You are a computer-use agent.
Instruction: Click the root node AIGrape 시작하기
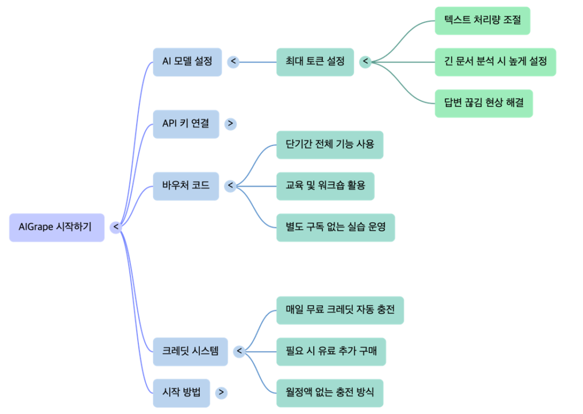point(56,227)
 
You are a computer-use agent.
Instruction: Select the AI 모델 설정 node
point(186,61)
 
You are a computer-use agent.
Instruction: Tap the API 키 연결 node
point(186,123)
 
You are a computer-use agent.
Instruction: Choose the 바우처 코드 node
point(186,185)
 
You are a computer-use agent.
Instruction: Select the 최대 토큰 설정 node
point(315,61)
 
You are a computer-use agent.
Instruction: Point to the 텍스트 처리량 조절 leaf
point(482,21)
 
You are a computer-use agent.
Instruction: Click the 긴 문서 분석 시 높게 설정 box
point(495,61)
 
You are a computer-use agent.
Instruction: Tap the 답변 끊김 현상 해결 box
point(483,103)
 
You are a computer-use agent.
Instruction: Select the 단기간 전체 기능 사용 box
point(330,144)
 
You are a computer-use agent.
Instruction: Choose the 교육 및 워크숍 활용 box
point(325,185)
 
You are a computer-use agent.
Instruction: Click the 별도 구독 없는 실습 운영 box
point(335,227)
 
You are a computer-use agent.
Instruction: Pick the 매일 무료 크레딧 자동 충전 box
point(340,310)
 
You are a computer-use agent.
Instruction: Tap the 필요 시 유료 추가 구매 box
point(331,351)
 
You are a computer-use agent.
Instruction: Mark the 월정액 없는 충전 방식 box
point(330,392)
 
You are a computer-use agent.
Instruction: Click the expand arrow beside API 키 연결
point(231,123)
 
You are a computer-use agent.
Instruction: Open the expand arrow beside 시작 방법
point(221,392)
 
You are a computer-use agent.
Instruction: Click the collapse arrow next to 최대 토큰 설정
point(365,62)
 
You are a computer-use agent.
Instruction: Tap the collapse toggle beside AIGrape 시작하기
point(116,227)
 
